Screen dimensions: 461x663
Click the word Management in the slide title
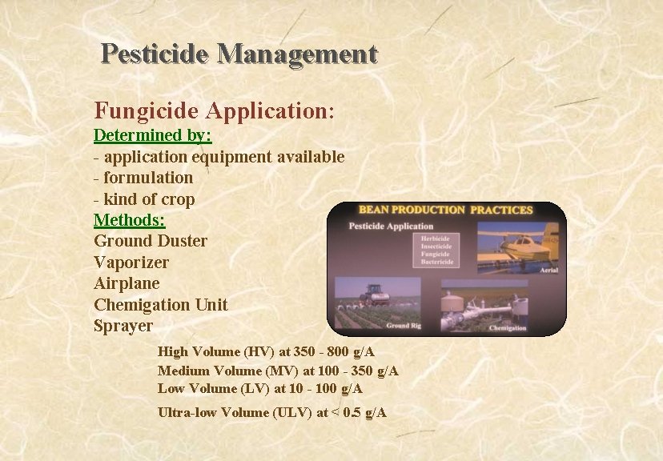click(x=296, y=54)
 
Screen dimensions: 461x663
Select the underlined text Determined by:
click(x=147, y=135)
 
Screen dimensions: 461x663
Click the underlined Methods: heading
click(x=130, y=219)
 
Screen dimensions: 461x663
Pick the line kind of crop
click(x=144, y=198)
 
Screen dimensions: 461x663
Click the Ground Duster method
click(x=151, y=241)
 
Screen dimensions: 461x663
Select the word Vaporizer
click(x=131, y=263)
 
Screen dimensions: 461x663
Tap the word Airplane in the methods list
click(x=127, y=283)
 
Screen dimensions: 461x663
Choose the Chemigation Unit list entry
click(x=161, y=305)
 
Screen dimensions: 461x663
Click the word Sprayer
click(x=123, y=326)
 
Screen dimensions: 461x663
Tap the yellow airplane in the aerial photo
click(x=520, y=240)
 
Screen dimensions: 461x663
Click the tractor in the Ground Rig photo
click(x=376, y=297)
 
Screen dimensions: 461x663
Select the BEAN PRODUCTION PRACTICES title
click(x=445, y=210)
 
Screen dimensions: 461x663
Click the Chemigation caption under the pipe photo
click(x=507, y=327)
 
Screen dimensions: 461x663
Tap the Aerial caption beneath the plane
click(x=548, y=271)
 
